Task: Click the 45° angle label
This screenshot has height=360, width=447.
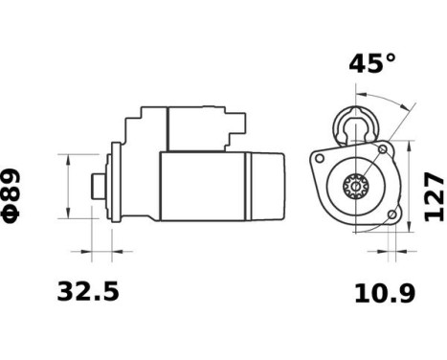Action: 371,64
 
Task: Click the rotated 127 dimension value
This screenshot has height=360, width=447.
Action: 434,197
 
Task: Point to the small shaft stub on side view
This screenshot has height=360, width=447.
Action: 96,185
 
